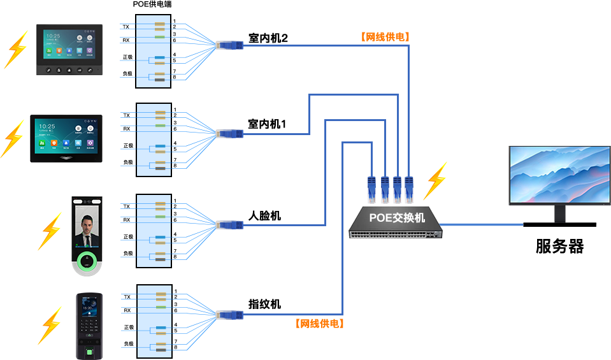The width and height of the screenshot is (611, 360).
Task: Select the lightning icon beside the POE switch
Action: tap(435, 181)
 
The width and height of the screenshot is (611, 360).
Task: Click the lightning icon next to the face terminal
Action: tap(49, 231)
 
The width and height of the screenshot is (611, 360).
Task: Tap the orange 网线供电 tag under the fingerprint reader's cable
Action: tap(320, 323)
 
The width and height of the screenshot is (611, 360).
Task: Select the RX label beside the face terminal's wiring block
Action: tap(127, 220)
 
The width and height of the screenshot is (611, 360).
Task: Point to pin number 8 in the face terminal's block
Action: tap(175, 257)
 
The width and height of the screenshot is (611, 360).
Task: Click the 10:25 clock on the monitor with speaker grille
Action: tap(47, 127)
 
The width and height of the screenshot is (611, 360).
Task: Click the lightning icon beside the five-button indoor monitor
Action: tap(16, 49)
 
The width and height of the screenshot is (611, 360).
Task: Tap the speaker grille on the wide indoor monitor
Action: tap(66, 156)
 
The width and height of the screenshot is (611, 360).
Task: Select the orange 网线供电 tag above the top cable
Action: tap(384, 37)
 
